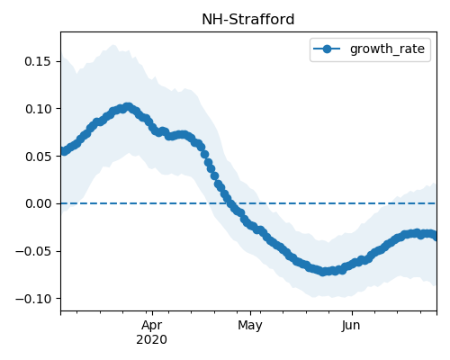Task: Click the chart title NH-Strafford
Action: (x=248, y=20)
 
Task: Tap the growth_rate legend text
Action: (x=387, y=49)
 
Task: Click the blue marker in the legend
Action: (x=327, y=49)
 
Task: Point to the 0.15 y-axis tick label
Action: (x=38, y=61)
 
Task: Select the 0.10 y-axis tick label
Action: (x=38, y=109)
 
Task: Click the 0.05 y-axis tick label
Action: (x=38, y=157)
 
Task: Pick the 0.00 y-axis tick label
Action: (x=38, y=203)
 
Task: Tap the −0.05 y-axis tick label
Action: (x=33, y=251)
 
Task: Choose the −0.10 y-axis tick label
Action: (x=33, y=299)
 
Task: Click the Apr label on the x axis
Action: (x=152, y=325)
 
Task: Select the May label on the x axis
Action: (x=250, y=325)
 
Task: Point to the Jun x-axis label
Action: (x=351, y=325)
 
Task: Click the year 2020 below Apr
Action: (x=152, y=340)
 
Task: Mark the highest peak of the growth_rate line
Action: (x=129, y=107)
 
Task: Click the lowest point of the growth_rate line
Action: (x=322, y=272)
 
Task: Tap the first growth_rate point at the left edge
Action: (x=64, y=151)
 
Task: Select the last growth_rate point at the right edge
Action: (x=434, y=236)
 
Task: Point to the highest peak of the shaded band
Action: (x=113, y=45)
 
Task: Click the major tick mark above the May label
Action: (x=250, y=313)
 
